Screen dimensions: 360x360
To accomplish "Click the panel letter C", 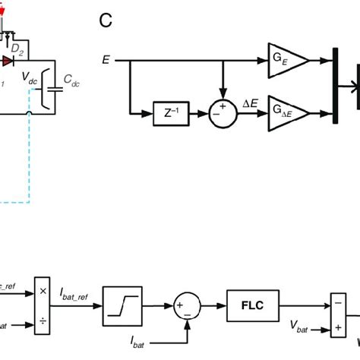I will point(108,20).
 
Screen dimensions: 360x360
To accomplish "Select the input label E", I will point(105,58).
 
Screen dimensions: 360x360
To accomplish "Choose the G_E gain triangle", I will point(286,58).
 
